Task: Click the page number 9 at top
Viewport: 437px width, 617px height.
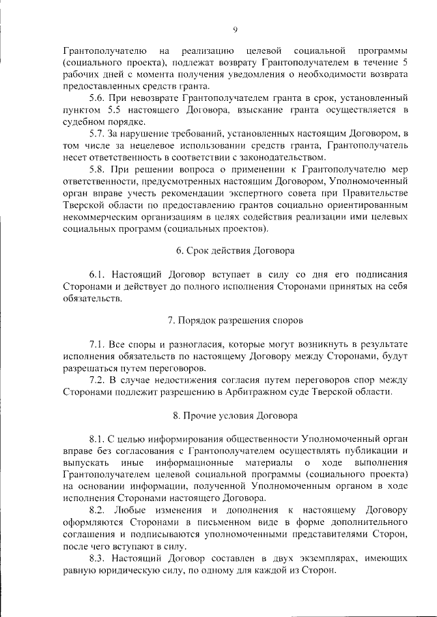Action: [234, 29]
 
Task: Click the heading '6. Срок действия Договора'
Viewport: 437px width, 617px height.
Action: [236, 250]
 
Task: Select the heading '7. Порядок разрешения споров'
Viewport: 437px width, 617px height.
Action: [236, 320]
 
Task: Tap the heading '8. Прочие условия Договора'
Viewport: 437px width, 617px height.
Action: [236, 415]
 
